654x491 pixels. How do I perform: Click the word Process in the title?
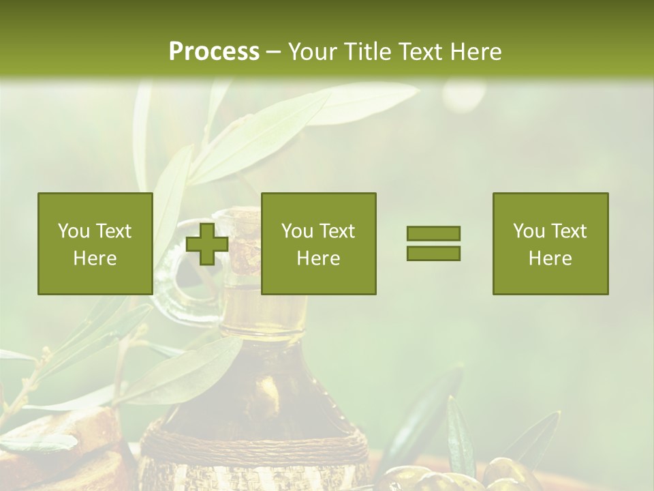(214, 52)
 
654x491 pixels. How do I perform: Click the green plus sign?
(207, 244)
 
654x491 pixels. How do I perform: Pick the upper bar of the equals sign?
(433, 233)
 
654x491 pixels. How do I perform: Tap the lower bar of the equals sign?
(433, 253)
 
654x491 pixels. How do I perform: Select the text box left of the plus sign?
(95, 243)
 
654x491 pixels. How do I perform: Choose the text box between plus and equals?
(319, 243)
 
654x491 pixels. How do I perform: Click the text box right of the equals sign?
(550, 243)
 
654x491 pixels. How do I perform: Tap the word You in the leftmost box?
(74, 231)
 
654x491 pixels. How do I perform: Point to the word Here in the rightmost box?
(550, 258)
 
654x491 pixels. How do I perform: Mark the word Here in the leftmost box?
(95, 258)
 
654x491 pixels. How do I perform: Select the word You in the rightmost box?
(529, 231)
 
